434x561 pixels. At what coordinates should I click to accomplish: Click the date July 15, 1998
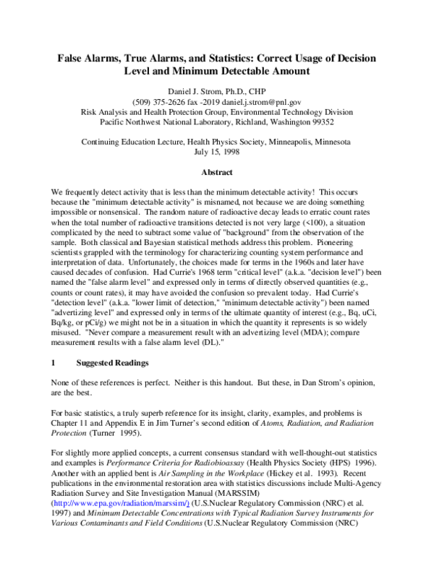coord(216,152)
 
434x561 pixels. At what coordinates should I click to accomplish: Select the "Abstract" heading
coord(216,173)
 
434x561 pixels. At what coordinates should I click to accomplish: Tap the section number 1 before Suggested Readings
coord(54,361)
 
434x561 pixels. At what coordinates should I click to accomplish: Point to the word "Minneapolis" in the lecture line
coord(289,142)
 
